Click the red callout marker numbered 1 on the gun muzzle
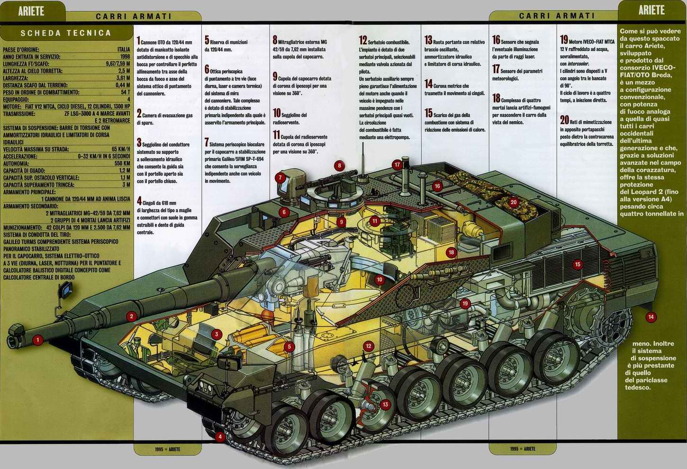[x=38, y=340]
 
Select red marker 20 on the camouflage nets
[x=514, y=202]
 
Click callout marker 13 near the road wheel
[x=385, y=404]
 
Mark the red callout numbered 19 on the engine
[x=465, y=304]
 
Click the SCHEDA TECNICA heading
[x=66, y=33]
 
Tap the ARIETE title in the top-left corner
[x=31, y=10]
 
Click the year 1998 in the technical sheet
[x=125, y=56]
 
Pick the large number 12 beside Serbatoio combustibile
[x=363, y=41]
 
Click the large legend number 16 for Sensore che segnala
[x=496, y=40]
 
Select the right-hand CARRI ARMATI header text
[x=557, y=16]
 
